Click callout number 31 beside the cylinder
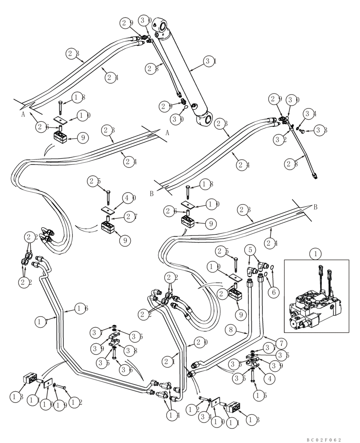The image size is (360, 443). [x=210, y=62]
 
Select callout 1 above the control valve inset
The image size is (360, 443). [x=315, y=254]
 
